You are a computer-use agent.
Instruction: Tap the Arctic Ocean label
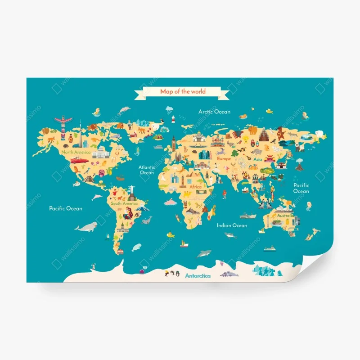[x=214, y=112]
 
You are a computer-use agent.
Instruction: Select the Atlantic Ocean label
[x=147, y=170]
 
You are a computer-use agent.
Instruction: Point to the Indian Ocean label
[x=232, y=225]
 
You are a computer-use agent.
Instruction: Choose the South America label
[x=124, y=203]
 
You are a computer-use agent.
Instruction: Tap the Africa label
[x=196, y=186]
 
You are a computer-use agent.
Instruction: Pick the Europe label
[x=224, y=159]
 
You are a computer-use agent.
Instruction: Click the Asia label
[x=257, y=159]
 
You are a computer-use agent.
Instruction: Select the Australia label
[x=285, y=216]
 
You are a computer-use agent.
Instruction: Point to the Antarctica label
[x=198, y=276]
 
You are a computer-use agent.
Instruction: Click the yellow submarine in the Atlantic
[x=170, y=235]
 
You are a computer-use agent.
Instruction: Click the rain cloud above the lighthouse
[x=169, y=109]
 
